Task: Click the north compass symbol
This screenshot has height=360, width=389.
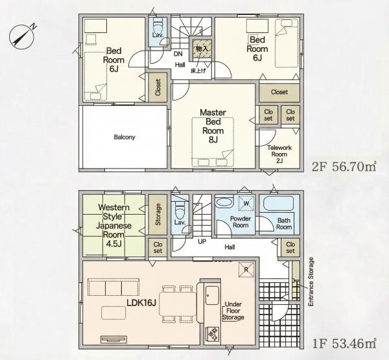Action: pyautogui.click(x=22, y=36)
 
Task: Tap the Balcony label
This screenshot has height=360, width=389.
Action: pyautogui.click(x=124, y=137)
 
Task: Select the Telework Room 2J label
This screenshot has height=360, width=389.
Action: pyautogui.click(x=279, y=154)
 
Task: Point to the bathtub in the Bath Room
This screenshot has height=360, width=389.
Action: pyautogui.click(x=278, y=204)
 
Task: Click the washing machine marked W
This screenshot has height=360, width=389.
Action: pyautogui.click(x=246, y=203)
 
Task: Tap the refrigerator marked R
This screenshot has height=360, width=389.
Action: pyautogui.click(x=246, y=270)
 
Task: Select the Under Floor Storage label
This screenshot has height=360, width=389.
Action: pyautogui.click(x=233, y=311)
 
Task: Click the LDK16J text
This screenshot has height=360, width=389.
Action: pyautogui.click(x=141, y=303)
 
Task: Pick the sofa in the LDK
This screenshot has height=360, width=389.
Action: pyautogui.click(x=113, y=287)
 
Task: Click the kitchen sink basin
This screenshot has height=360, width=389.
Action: pyautogui.click(x=213, y=295)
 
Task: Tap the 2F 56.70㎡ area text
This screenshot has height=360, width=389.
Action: pyautogui.click(x=344, y=167)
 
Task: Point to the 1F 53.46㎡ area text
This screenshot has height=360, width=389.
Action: pyautogui.click(x=344, y=344)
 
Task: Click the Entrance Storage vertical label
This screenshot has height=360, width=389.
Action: pyautogui.click(x=311, y=282)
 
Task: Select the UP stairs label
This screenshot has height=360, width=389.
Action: pyautogui.click(x=202, y=241)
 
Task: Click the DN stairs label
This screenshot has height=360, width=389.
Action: pyautogui.click(x=178, y=54)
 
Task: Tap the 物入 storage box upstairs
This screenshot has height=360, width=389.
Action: pyautogui.click(x=202, y=49)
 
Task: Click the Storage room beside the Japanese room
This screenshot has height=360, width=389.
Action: pyautogui.click(x=158, y=214)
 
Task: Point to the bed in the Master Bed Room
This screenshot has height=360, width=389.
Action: pyautogui.click(x=213, y=142)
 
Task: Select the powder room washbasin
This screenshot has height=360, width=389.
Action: pyautogui.click(x=224, y=202)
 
